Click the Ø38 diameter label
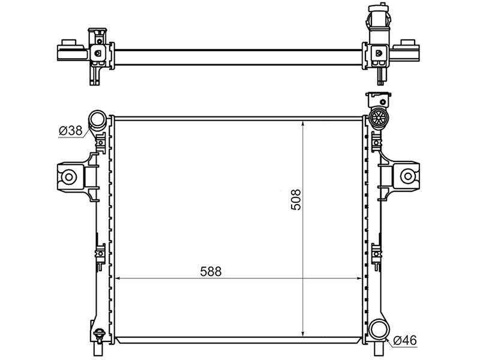coord(71,131)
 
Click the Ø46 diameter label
coord(405,340)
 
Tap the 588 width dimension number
coord(211,271)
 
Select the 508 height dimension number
coord(296,200)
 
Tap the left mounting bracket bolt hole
coord(69,177)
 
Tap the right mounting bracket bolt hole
coord(408,176)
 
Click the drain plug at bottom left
coord(99,334)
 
